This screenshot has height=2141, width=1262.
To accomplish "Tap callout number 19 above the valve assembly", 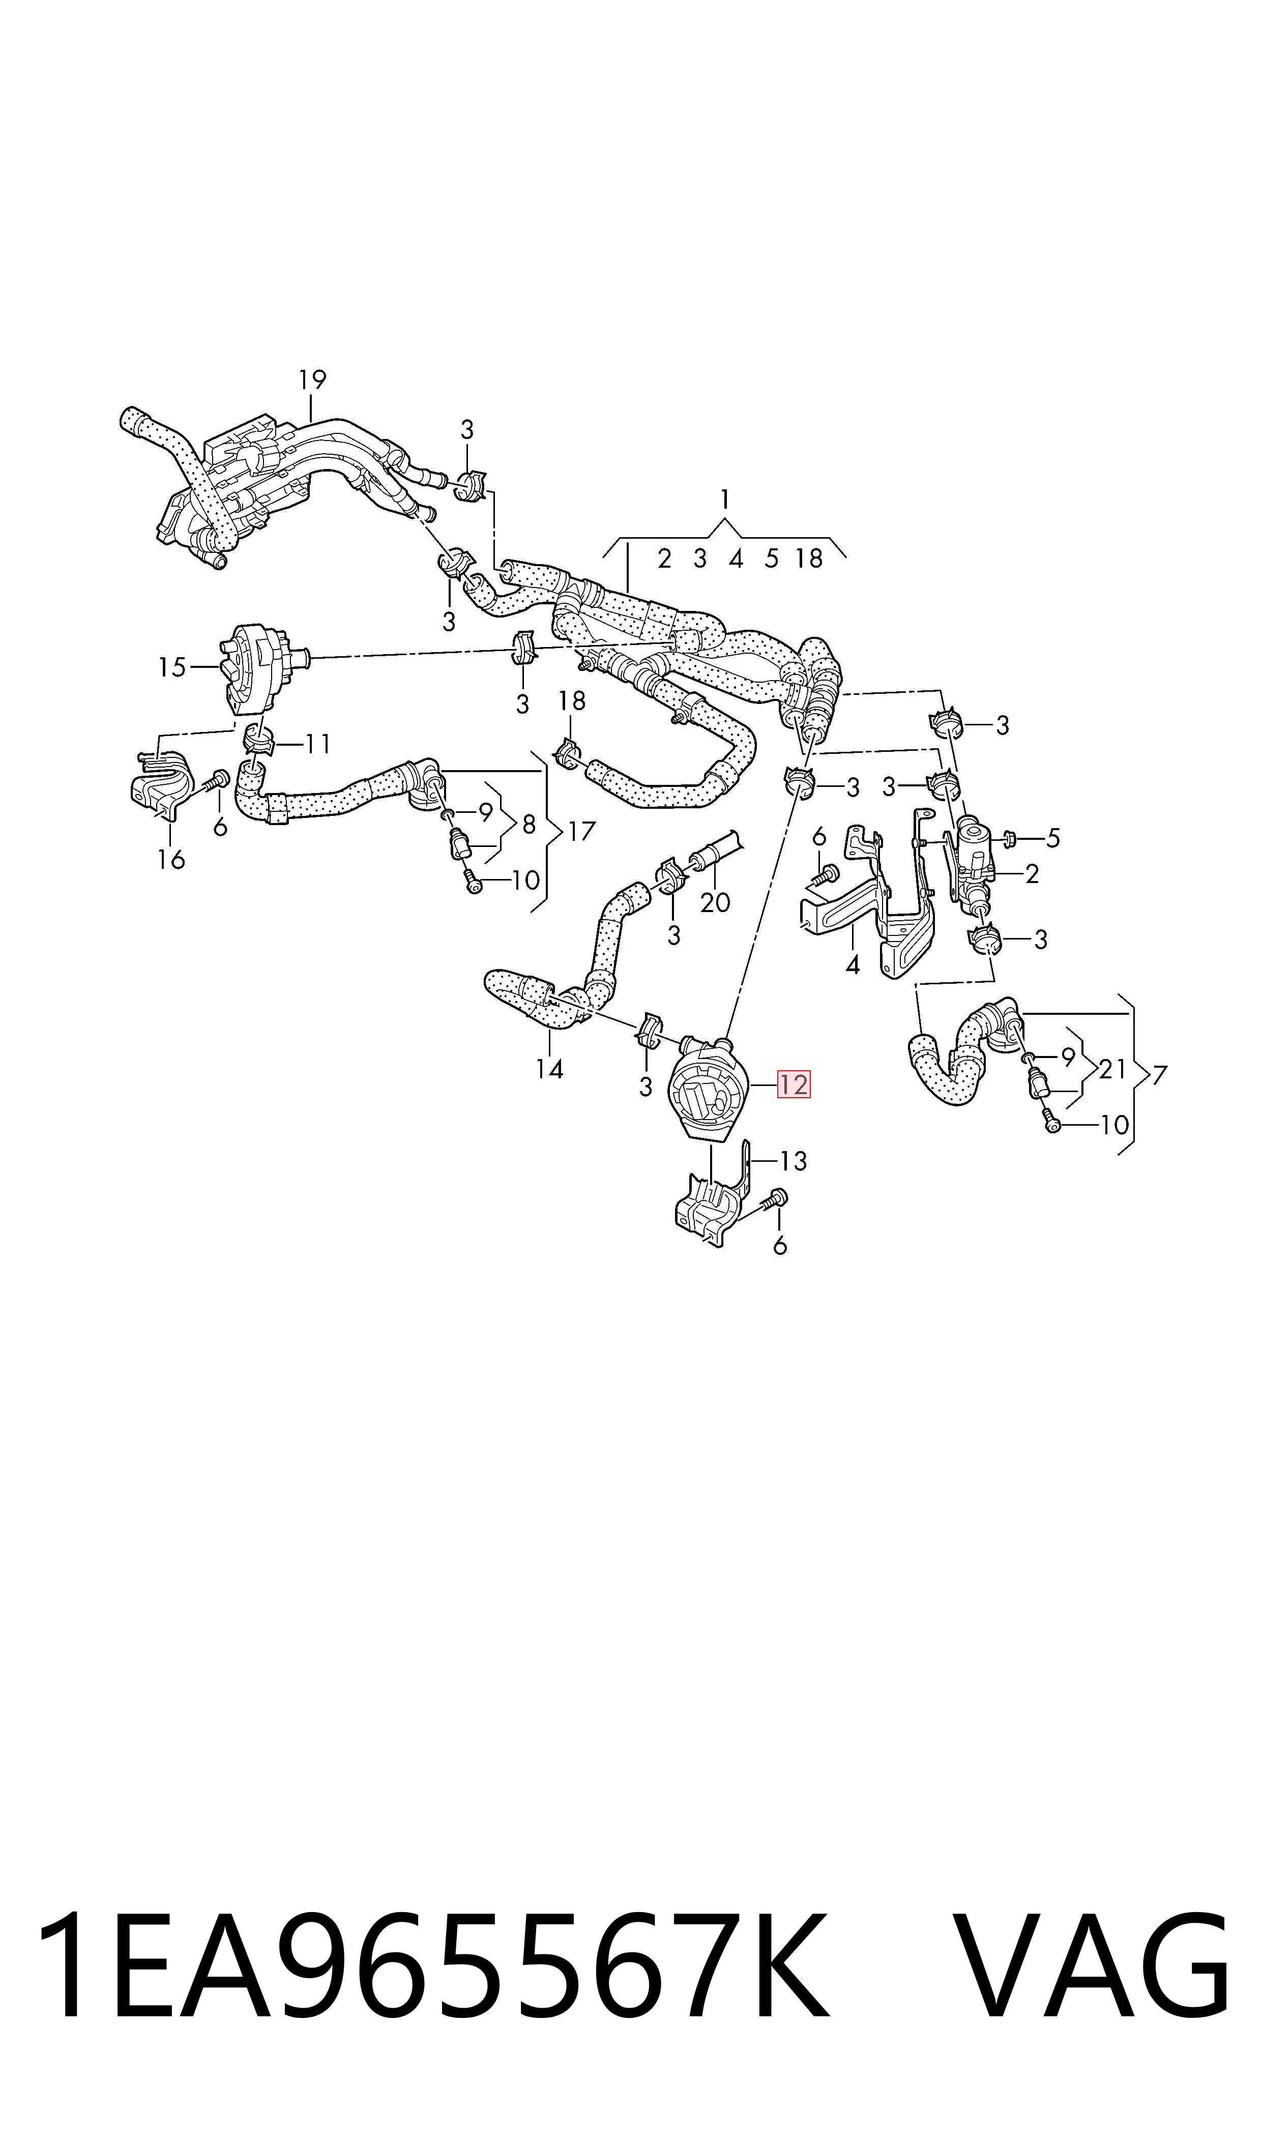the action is coord(313,379).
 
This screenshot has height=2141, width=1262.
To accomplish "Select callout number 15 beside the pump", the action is coord(172,667).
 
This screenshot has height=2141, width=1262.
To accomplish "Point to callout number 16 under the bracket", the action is coord(171,860).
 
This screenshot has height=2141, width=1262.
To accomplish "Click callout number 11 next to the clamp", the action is coord(318,745).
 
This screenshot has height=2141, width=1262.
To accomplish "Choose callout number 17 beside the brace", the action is coord(582,831).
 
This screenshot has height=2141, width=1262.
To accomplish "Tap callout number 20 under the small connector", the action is coord(715,902).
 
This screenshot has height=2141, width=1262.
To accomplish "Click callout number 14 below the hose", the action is coord(549,1069).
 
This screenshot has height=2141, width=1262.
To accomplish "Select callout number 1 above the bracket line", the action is coord(724,500).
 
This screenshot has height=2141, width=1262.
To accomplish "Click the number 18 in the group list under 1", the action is coord(809,559).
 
